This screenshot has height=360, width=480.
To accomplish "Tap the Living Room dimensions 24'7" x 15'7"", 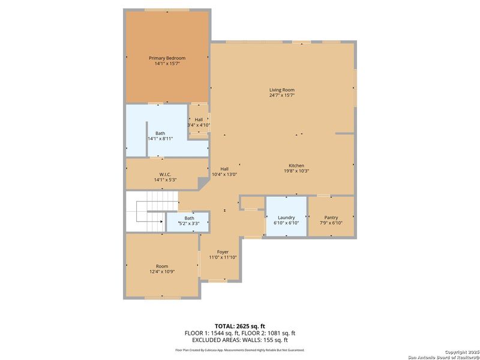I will [x=281, y=95].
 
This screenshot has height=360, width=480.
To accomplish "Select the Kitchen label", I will [x=296, y=166].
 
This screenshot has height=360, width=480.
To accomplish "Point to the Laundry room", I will [x=286, y=217].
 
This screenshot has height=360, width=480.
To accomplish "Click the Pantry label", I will [x=331, y=217].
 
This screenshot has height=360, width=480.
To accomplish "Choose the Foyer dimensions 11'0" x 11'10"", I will [x=223, y=257].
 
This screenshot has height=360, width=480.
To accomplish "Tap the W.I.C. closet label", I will [x=166, y=174].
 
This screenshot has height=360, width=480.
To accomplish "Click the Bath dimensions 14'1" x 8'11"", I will [x=160, y=139].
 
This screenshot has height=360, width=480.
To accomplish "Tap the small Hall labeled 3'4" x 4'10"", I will [x=199, y=122].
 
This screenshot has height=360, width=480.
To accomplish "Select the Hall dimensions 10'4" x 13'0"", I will [x=224, y=174].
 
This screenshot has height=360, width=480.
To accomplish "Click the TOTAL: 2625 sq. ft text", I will [x=239, y=326].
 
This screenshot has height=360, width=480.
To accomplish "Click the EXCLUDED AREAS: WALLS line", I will [x=239, y=339].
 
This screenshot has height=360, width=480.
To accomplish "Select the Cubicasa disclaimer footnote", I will [x=239, y=349].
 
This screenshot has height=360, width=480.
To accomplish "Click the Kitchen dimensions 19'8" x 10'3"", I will [x=296, y=171].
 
